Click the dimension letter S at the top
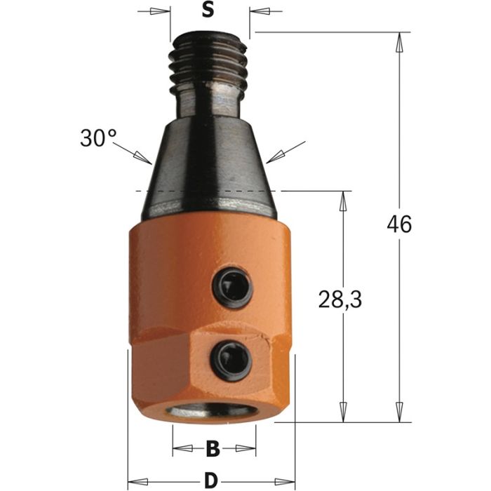pos(208,11)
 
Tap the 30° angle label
pos(97,137)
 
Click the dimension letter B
pos(213,448)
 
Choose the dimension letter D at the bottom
pos(209,480)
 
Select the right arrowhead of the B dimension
pos(246,448)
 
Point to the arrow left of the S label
pos(161,11)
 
